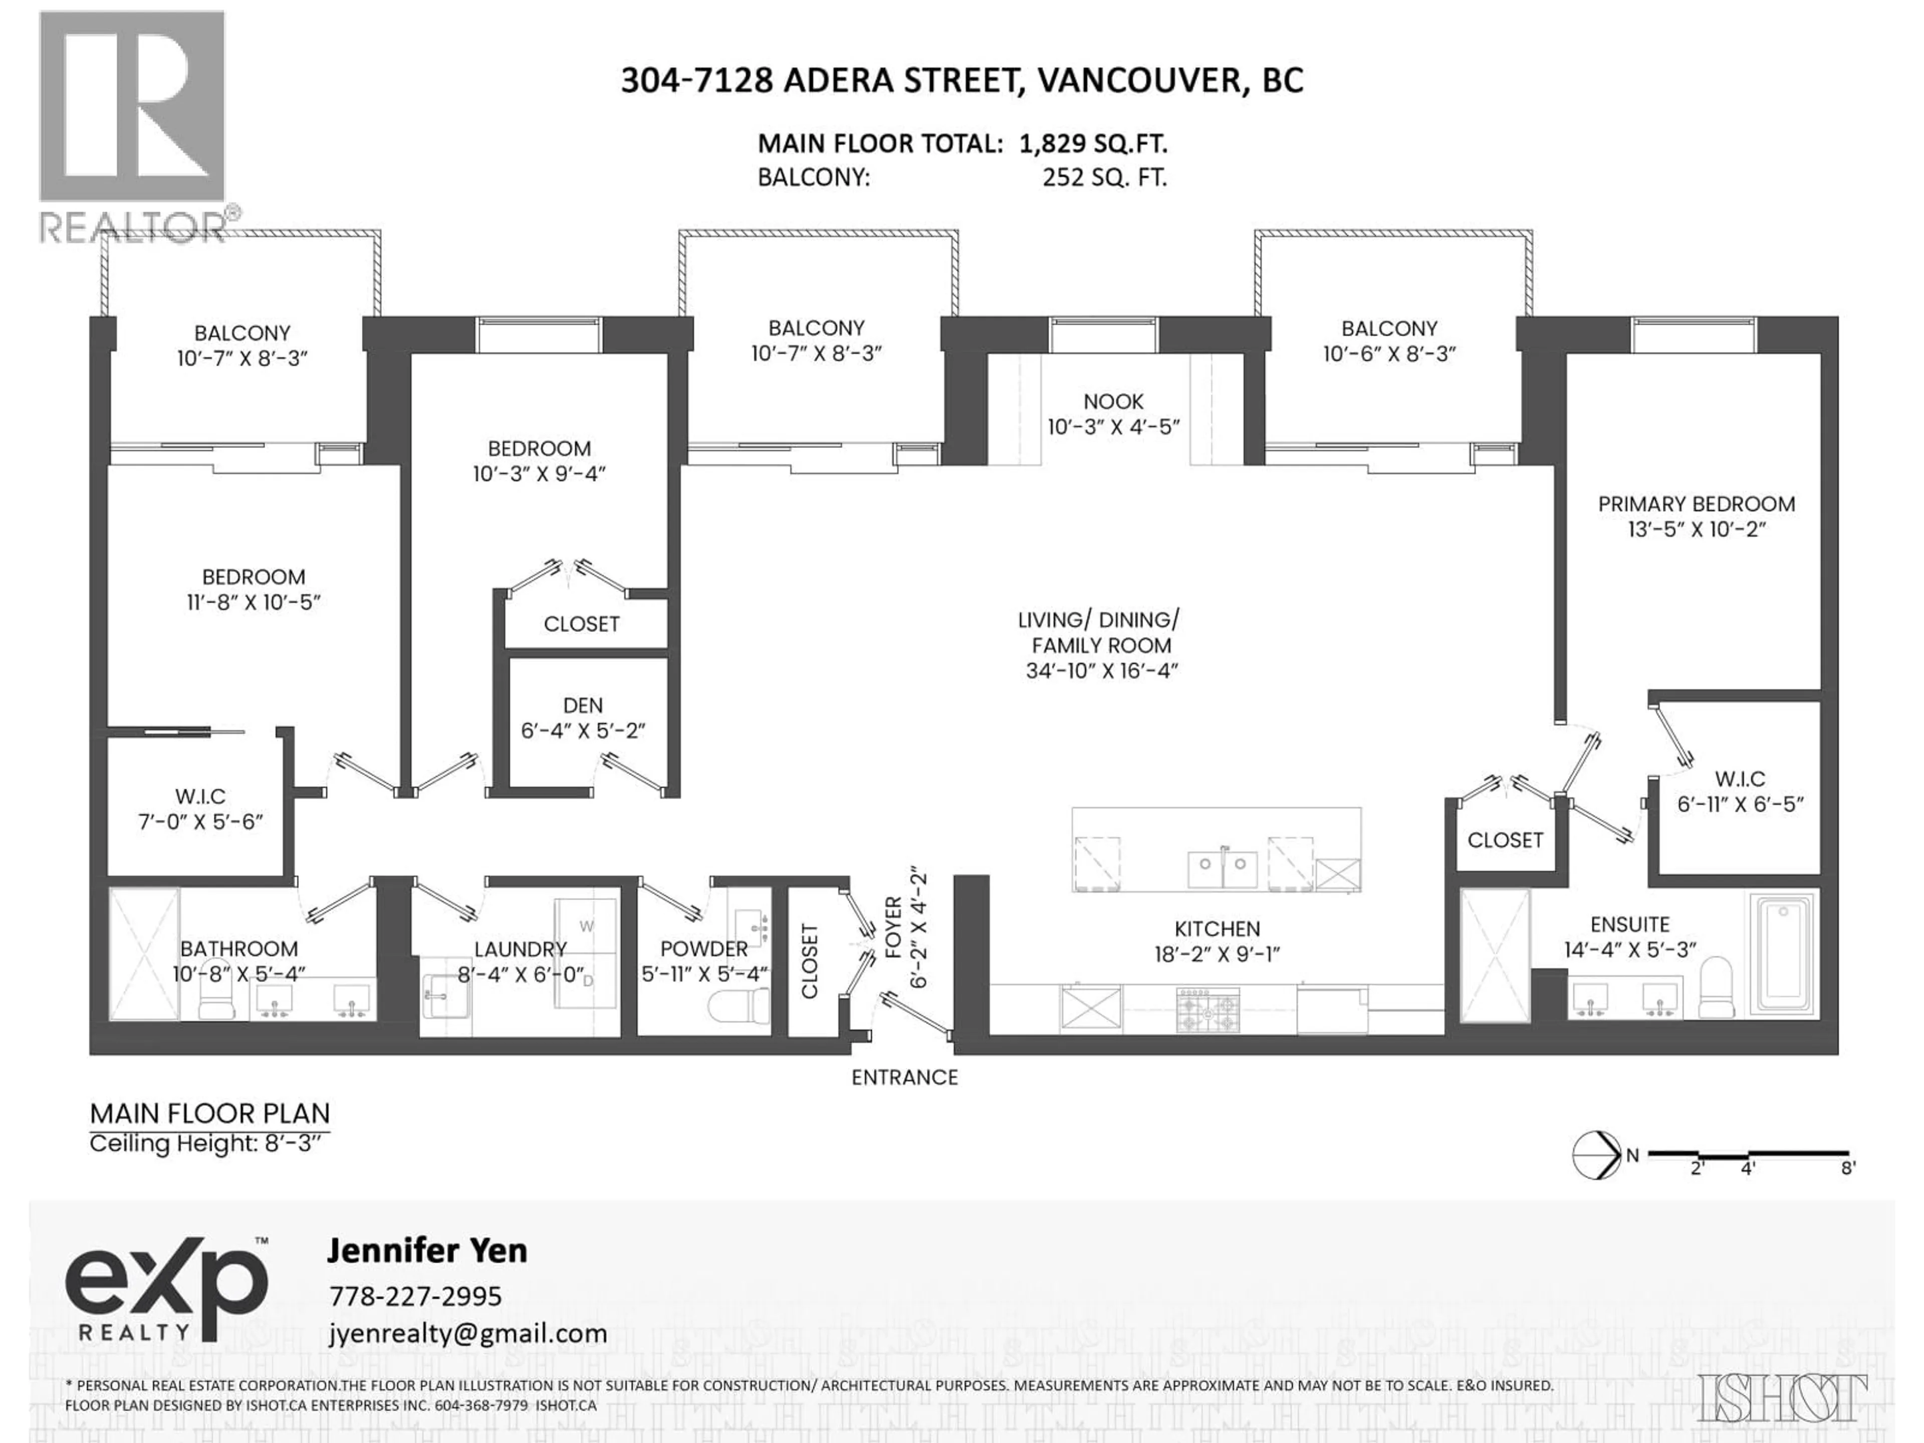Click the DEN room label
(x=582, y=705)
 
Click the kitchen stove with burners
(x=1208, y=1010)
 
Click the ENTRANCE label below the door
(x=904, y=1078)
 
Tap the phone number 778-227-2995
(x=415, y=1296)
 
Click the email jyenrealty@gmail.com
(x=467, y=1333)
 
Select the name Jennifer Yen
(x=426, y=1251)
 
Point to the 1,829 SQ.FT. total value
(x=1092, y=143)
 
